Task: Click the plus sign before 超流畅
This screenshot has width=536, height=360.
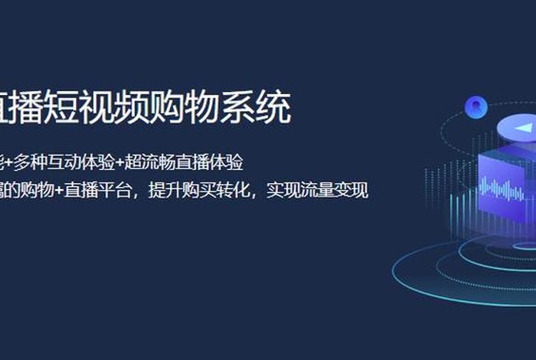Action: (119, 162)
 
